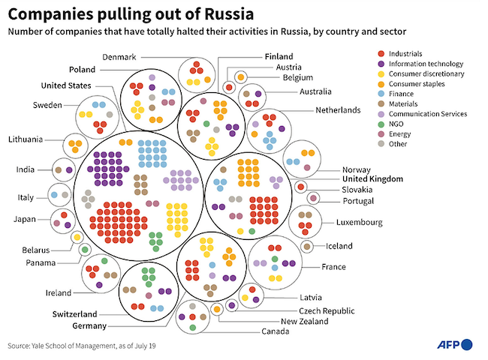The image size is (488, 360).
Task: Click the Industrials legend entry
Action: click(406, 54)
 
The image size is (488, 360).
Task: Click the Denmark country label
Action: click(118, 57)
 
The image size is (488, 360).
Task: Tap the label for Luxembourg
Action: click(358, 222)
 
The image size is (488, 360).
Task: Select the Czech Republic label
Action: click(327, 310)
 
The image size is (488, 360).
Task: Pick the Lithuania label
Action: click(28, 139)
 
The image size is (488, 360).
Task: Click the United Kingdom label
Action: click(372, 179)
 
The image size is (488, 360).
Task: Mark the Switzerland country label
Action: click(74, 313)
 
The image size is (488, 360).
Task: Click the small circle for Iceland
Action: click(307, 246)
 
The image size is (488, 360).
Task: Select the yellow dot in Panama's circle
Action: click(77, 237)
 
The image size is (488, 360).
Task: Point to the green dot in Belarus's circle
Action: click(85, 250)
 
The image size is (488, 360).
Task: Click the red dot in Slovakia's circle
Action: click(300, 187)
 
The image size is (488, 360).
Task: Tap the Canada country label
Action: click(276, 331)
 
